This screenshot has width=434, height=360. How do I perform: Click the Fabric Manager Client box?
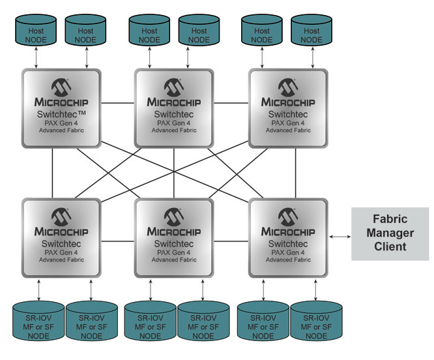pyautogui.click(x=390, y=233)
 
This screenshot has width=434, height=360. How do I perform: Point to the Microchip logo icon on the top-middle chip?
pyautogui.click(x=174, y=87)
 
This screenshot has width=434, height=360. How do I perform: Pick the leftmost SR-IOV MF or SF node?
pyautogui.click(x=36, y=320)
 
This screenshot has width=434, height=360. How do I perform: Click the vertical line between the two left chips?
pyautogui.click(x=53, y=175)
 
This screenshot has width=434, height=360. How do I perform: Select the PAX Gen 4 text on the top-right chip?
pyautogui.click(x=288, y=122)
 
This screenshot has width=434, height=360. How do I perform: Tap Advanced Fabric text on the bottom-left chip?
pyautogui.click(x=60, y=260)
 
